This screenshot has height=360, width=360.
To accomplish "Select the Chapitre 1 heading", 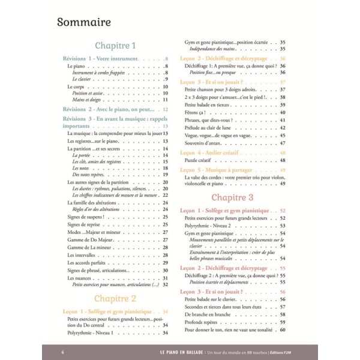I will (x=116, y=46).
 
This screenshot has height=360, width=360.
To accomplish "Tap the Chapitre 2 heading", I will (x=116, y=298).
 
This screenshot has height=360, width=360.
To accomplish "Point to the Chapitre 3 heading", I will (x=233, y=197).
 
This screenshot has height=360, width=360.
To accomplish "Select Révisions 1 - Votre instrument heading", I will (x=100, y=59).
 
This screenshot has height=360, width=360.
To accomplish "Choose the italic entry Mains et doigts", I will (x=86, y=100).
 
